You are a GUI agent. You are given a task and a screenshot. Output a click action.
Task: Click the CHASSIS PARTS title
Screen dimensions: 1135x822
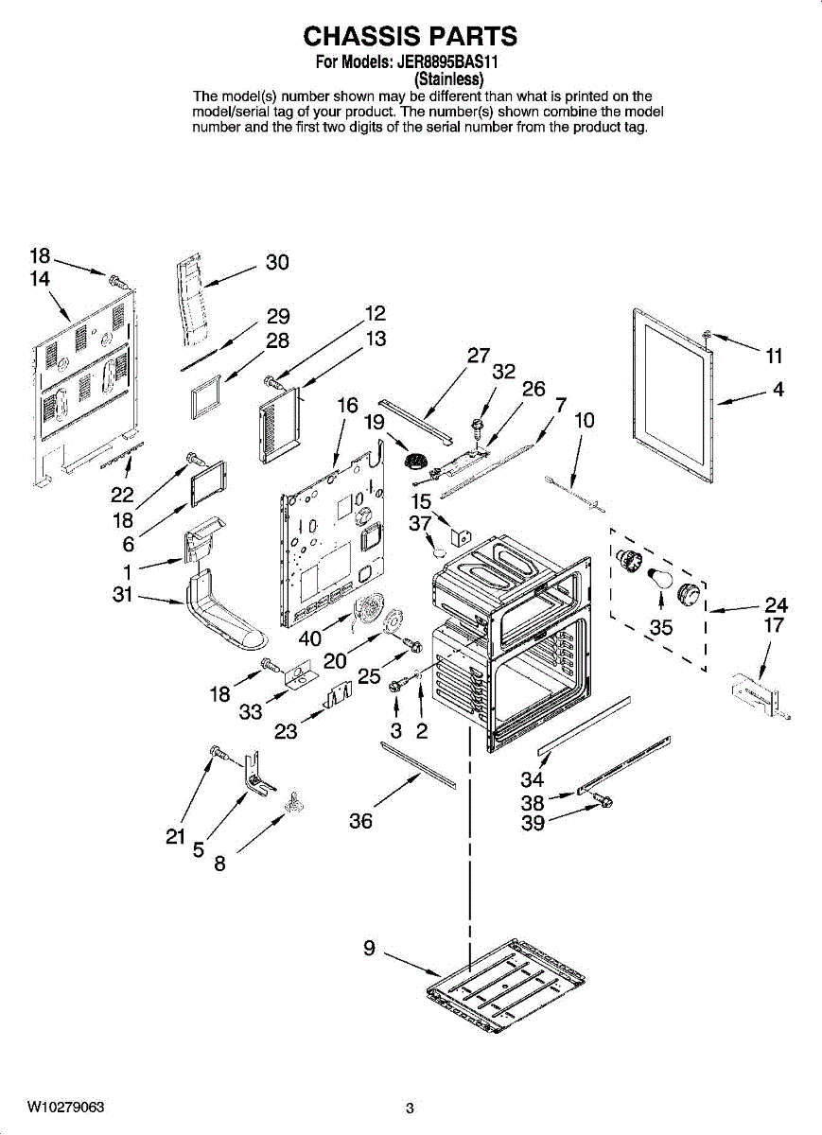pyautogui.click(x=410, y=37)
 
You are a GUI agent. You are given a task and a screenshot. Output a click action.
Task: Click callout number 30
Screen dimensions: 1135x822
pyautogui.click(x=277, y=262)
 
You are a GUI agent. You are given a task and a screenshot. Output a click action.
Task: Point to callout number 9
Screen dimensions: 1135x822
pyautogui.click(x=370, y=947)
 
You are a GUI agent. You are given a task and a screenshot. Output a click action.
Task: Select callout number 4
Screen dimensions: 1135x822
pyautogui.click(x=778, y=388)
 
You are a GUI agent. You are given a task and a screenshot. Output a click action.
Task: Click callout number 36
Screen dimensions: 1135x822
pyautogui.click(x=360, y=821)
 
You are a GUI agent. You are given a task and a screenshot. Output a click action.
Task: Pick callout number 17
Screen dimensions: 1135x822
pyautogui.click(x=774, y=625)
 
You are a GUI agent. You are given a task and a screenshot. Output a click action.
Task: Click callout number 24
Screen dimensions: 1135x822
pyautogui.click(x=776, y=604)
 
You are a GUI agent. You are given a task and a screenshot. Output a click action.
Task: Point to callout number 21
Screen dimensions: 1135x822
pyautogui.click(x=175, y=836)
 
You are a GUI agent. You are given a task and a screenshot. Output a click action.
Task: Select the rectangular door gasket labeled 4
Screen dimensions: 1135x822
pyautogui.click(x=673, y=388)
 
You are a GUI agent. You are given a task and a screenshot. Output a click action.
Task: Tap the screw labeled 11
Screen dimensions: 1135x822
pyautogui.click(x=708, y=334)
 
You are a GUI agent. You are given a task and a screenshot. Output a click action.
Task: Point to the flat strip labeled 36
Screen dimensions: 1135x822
pyautogui.click(x=416, y=763)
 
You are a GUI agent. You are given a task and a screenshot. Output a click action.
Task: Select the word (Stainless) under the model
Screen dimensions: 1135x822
pyautogui.click(x=450, y=79)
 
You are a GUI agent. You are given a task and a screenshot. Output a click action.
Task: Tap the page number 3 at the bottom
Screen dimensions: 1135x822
pyautogui.click(x=410, y=1109)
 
